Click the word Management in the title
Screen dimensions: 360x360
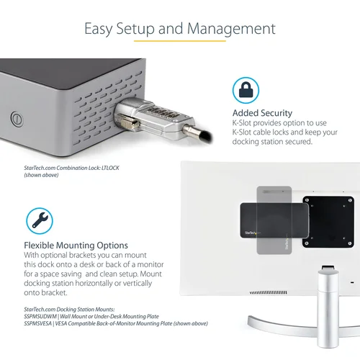(x=231, y=30)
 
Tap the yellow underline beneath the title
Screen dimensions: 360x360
(x=180, y=41)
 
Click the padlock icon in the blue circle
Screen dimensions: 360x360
(x=246, y=90)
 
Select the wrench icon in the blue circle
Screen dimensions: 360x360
(x=40, y=220)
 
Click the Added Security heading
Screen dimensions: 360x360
(x=262, y=113)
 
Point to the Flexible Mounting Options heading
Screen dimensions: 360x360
(x=76, y=246)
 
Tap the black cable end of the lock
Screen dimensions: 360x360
(x=204, y=136)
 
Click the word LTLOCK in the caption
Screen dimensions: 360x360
(x=110, y=168)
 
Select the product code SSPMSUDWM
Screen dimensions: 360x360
(x=40, y=316)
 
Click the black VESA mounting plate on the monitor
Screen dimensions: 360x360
(x=328, y=222)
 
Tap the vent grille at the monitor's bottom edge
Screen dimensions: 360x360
(x=268, y=292)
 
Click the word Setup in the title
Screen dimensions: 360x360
(x=135, y=30)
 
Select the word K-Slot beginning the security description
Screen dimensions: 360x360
(x=241, y=123)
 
